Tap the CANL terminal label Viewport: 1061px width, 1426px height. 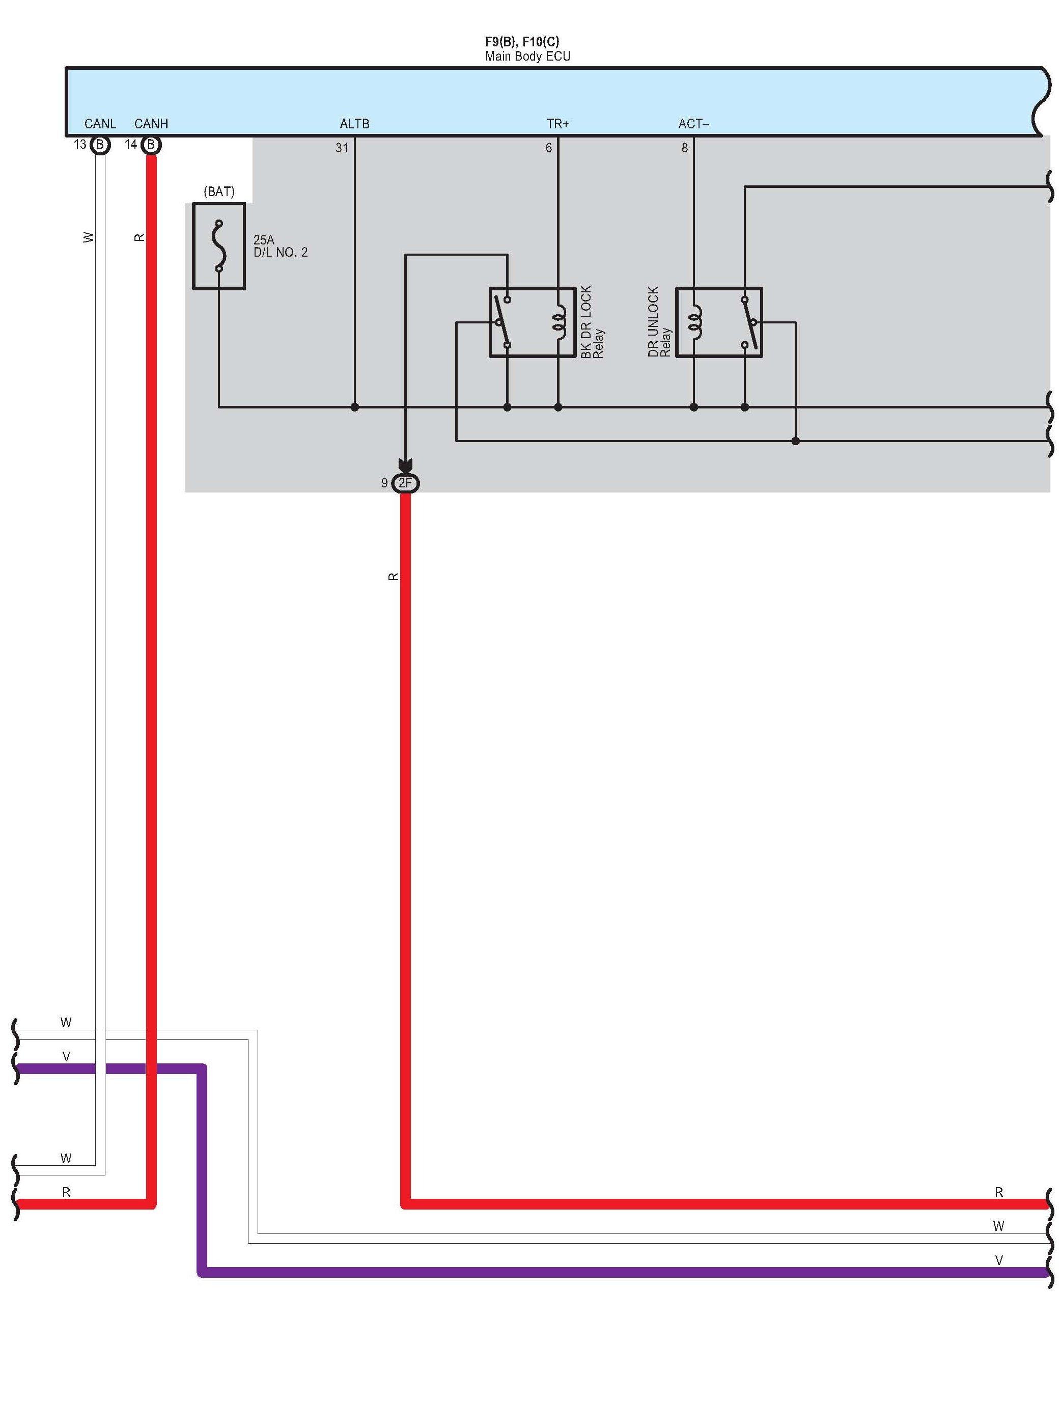point(100,123)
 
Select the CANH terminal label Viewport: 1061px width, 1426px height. point(151,123)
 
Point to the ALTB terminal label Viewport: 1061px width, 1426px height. point(354,123)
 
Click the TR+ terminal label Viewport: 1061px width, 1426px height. point(557,123)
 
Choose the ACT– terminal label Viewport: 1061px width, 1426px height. point(693,123)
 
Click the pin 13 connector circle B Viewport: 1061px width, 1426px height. point(100,145)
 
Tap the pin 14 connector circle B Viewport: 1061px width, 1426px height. point(151,145)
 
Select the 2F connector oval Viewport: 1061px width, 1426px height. point(405,483)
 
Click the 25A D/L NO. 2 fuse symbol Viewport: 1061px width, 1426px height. point(219,246)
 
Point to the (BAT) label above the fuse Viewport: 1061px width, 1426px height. point(219,191)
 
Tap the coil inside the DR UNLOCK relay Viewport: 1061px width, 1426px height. point(694,322)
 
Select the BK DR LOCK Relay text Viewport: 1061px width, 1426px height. point(592,322)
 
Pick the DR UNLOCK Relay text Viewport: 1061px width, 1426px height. point(659,322)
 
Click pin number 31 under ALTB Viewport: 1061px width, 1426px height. point(342,148)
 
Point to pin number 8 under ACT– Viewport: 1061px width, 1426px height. point(685,148)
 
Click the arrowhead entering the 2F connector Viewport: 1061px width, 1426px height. point(405,465)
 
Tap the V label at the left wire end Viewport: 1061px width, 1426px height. point(66,1057)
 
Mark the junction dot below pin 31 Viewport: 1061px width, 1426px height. point(354,407)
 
